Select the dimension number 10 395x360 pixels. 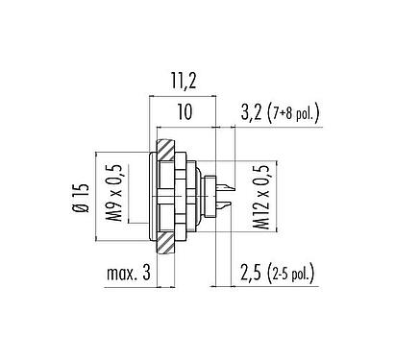(184, 112)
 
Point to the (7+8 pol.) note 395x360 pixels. (293, 113)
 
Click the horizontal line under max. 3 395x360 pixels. (125, 288)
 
